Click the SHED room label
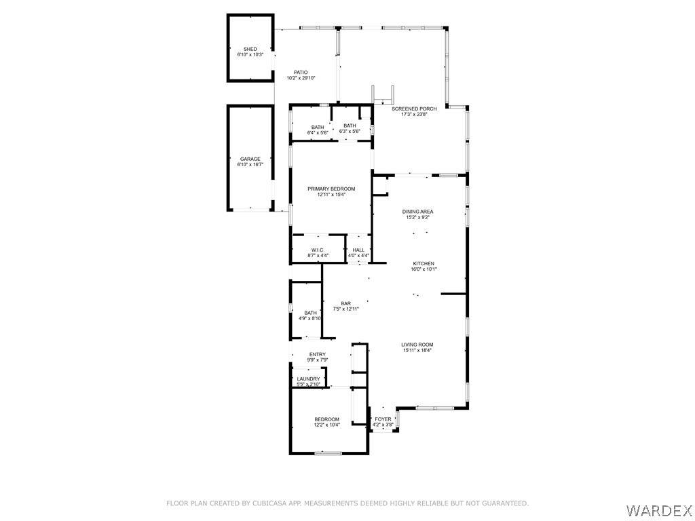250,49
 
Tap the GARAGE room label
250,159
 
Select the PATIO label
301,73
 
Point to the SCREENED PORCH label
414,109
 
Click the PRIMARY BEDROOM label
331,189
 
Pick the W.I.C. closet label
318,250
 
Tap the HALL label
358,250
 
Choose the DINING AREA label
417,212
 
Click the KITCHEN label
424,264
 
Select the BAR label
346,304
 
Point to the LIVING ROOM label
417,345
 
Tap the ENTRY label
318,354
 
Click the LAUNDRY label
309,379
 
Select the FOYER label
383,419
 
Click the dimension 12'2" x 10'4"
327,425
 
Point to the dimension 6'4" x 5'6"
318,133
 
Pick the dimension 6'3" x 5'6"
350,131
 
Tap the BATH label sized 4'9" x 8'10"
311,313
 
